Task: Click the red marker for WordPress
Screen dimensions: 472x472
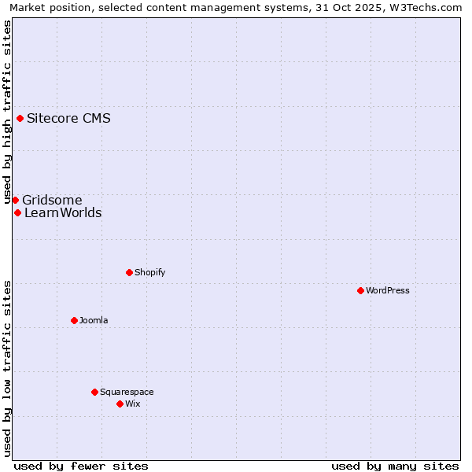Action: coord(360,290)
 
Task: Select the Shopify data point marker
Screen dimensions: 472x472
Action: coord(129,272)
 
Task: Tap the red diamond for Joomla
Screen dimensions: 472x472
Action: coord(74,320)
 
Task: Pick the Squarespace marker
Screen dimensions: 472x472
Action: coord(94,392)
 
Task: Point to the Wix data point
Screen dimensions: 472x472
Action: coord(120,404)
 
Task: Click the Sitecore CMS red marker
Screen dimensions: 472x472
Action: coord(20,119)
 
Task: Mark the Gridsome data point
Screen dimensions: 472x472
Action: coord(15,200)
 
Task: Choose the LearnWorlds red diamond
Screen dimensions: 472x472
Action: coord(17,212)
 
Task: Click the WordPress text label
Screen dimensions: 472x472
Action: coord(388,290)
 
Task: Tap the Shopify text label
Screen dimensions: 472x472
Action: coord(149,272)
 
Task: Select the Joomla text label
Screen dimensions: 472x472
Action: coord(94,320)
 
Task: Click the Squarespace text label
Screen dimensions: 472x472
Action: coord(127,392)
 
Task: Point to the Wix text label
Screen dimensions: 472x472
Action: coord(132,404)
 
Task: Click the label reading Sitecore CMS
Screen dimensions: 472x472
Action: coord(68,119)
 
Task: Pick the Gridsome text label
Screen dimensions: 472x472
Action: coord(52,200)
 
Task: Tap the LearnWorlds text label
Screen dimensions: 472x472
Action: coord(63,212)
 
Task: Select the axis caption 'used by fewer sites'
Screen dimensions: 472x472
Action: coord(81,466)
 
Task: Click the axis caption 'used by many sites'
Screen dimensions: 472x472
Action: coord(395,466)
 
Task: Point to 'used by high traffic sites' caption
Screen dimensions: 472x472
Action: coord(7,112)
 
